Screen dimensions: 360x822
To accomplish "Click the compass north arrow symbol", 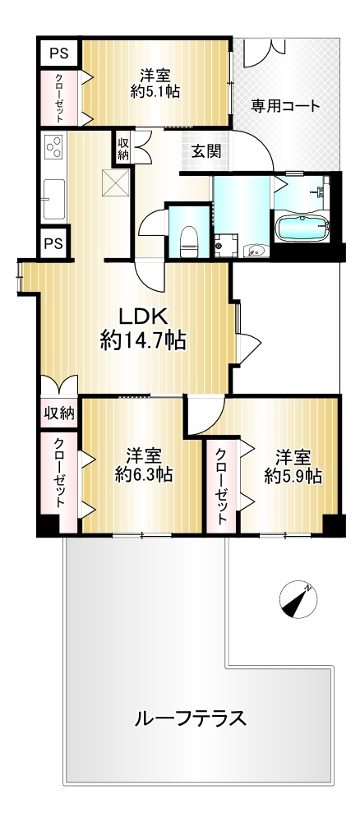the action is tap(296, 600).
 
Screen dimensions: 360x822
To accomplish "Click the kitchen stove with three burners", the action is tap(54, 147).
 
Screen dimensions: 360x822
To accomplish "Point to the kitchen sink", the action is tap(54, 199).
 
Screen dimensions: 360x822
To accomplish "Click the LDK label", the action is tap(142, 317).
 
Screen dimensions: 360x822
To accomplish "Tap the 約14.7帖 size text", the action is tap(142, 342).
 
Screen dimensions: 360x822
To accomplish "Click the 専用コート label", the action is tap(284, 106).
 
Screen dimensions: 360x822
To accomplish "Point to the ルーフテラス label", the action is tap(190, 717).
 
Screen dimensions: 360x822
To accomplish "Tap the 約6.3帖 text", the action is tap(144, 475).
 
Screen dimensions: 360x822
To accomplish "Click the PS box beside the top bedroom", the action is tap(59, 53).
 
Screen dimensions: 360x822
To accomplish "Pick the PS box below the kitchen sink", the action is tap(53, 243).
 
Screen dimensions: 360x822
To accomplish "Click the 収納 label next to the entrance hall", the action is tap(122, 148).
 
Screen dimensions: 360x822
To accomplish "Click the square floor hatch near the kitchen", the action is tap(115, 182).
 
